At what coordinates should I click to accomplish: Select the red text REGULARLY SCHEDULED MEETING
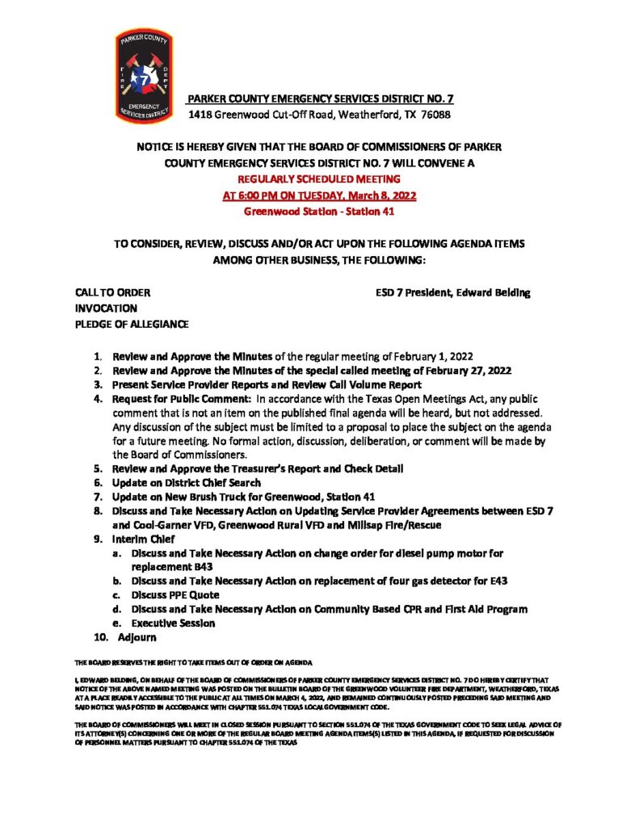(320, 178)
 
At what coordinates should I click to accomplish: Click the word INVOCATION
(106, 309)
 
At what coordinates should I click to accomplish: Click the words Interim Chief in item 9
(140, 539)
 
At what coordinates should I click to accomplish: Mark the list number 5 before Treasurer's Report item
(97, 468)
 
